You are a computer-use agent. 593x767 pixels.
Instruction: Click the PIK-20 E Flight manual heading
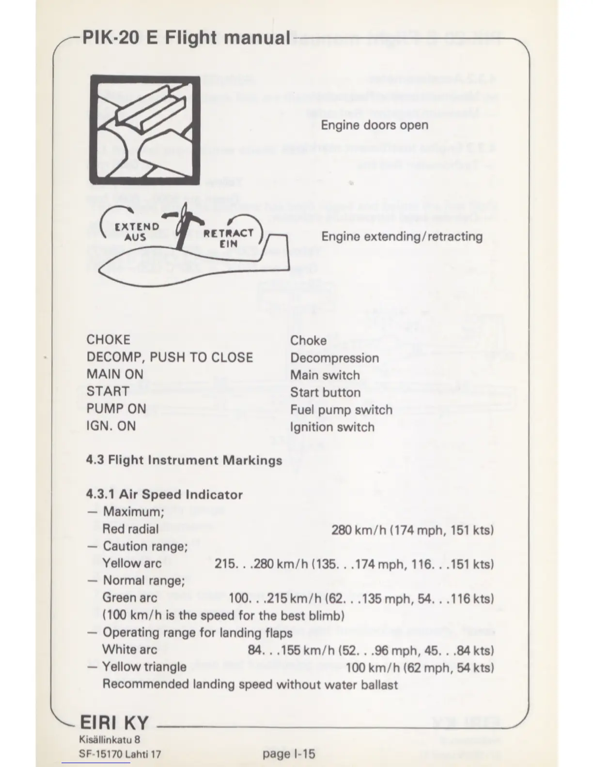point(186,37)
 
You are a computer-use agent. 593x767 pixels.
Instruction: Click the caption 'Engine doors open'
point(375,125)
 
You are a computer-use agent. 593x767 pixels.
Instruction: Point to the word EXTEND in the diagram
point(137,227)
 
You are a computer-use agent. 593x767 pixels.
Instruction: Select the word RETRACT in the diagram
point(228,233)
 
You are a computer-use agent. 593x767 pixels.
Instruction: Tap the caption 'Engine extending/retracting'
point(402,236)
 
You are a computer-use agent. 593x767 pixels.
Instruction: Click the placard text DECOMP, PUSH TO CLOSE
point(170,357)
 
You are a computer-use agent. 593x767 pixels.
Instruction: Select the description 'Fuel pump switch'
point(341,410)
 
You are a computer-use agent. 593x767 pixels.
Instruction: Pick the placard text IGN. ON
point(111,426)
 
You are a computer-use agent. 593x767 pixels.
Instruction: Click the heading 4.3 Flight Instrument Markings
point(184,460)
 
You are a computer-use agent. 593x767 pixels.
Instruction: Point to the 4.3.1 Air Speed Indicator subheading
point(164,494)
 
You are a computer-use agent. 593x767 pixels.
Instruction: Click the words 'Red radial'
point(130,529)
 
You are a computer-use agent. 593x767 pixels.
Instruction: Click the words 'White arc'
point(129,649)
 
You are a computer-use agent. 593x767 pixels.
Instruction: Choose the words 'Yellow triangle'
point(144,667)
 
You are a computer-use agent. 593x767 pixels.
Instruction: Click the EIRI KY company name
point(114,723)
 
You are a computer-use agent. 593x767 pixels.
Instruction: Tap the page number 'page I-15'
point(289,753)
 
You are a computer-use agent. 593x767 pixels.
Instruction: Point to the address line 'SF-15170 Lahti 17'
point(120,754)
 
